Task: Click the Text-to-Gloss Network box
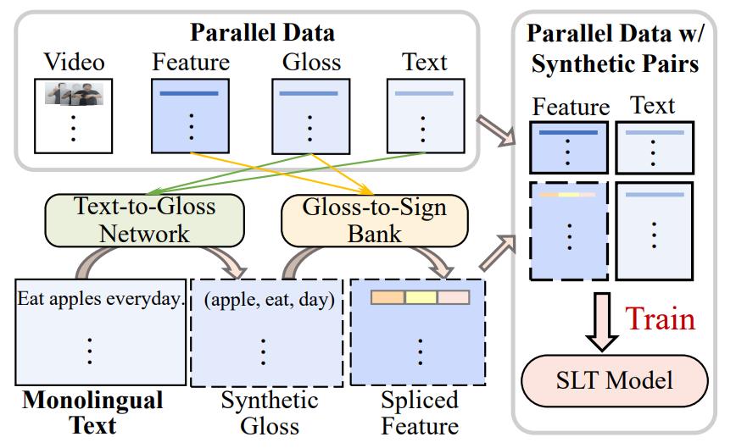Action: tap(146, 218)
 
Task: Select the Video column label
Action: tap(75, 62)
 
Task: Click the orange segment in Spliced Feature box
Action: tap(388, 298)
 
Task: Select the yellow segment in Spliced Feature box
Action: tap(421, 298)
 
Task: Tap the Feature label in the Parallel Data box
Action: tap(191, 62)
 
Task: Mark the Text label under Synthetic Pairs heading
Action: tap(652, 105)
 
